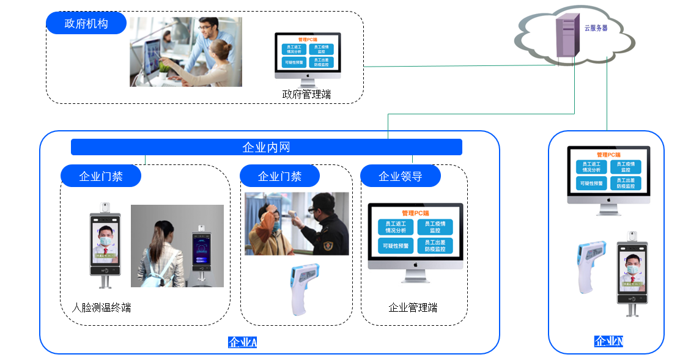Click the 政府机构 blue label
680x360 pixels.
(x=86, y=24)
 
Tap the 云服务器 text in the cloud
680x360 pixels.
(x=595, y=28)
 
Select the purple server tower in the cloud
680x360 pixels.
(x=566, y=37)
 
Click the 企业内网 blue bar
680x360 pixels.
(x=266, y=147)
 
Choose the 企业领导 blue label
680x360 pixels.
(x=401, y=177)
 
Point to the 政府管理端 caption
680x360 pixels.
(x=306, y=94)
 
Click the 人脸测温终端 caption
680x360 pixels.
(x=102, y=307)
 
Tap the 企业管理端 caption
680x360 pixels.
(x=413, y=307)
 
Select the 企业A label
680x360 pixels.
(x=242, y=342)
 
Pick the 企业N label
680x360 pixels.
(x=608, y=341)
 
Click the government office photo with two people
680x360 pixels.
(x=186, y=52)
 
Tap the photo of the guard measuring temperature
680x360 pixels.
(x=297, y=224)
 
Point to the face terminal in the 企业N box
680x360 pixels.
(x=632, y=272)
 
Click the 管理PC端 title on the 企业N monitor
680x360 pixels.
(x=608, y=155)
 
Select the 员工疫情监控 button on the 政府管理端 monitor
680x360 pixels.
(x=320, y=49)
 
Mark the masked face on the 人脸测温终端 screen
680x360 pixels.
(x=106, y=238)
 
